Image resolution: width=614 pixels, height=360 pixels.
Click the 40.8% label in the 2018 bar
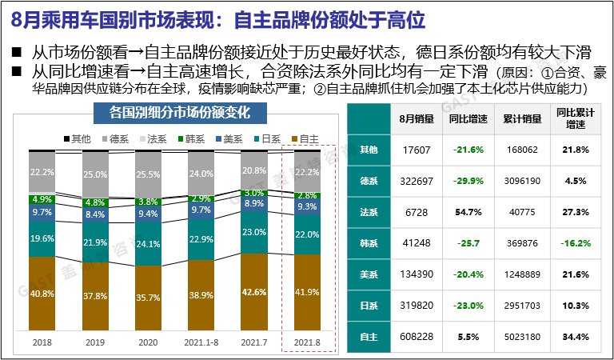tap(42, 294)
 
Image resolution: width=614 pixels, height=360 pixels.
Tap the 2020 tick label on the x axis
tap(148, 342)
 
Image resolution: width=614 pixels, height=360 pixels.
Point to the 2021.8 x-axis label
tap(307, 342)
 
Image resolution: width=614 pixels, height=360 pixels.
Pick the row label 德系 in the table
tap(369, 180)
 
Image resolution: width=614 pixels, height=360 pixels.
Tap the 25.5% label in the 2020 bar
tap(148, 174)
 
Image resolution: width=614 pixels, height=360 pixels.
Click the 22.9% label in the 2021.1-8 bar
tap(201, 238)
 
